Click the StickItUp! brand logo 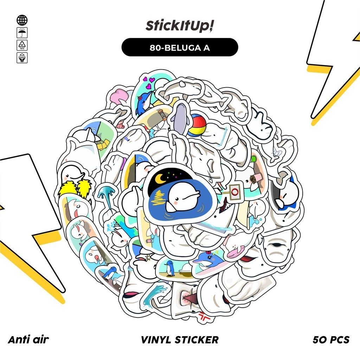tap(180, 27)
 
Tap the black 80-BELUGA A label tap(180, 47)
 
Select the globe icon tap(22, 20)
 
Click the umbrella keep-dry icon tap(22, 33)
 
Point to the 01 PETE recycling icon tap(22, 45)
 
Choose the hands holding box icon tap(22, 58)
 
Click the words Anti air tap(28, 340)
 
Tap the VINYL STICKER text tap(180, 340)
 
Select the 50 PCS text tap(331, 340)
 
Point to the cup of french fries tap(254, 178)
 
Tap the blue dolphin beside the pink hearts tap(144, 102)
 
